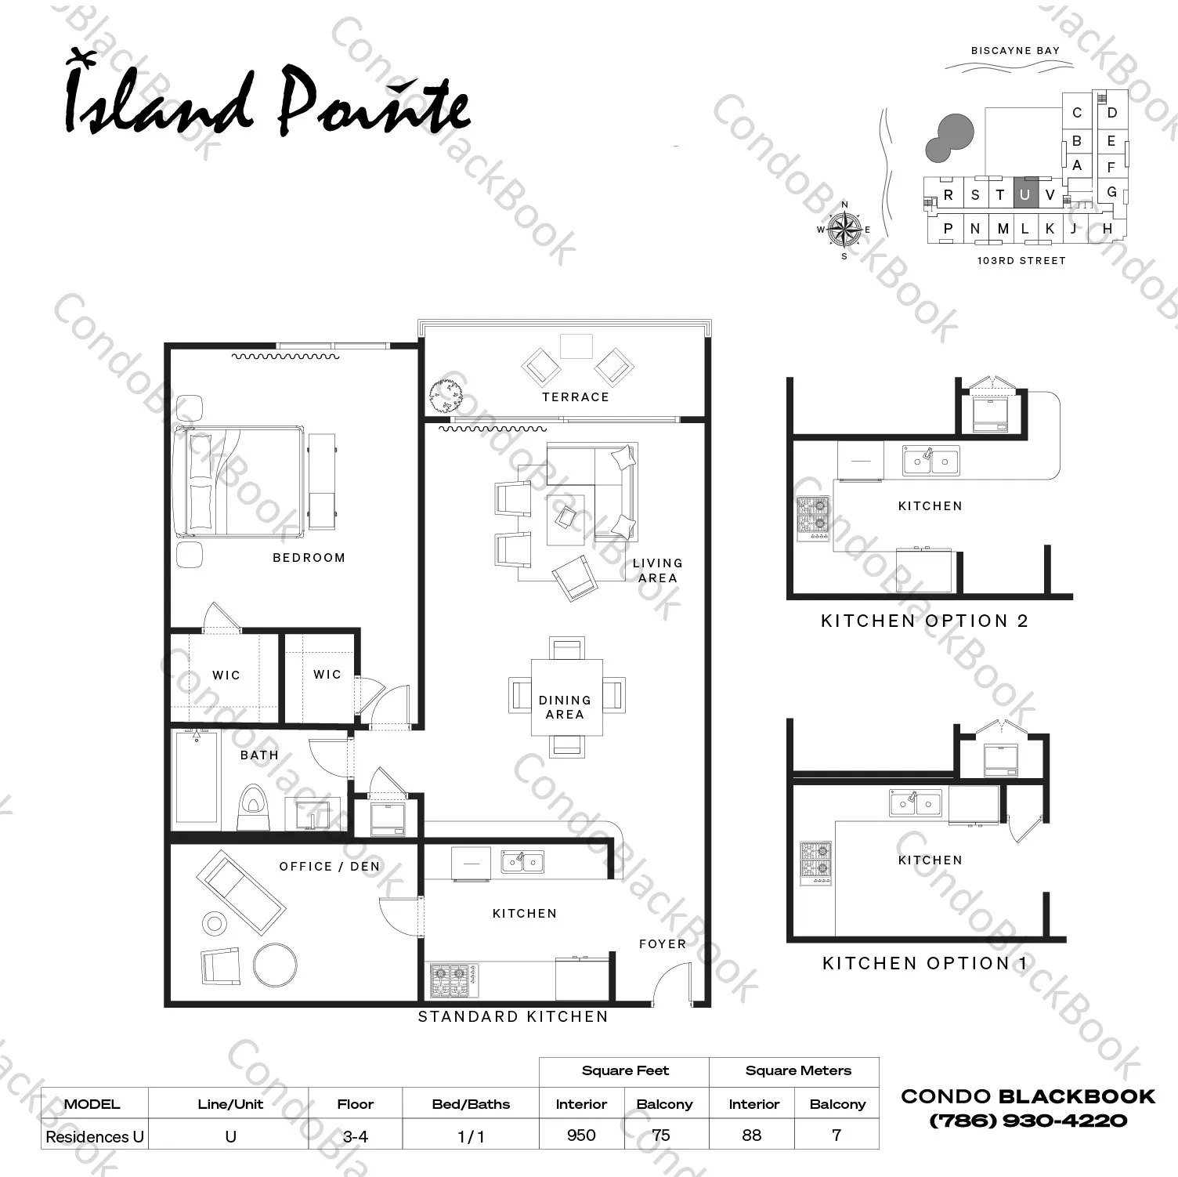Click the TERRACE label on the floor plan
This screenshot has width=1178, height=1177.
(575, 397)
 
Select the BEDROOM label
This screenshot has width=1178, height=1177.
(309, 558)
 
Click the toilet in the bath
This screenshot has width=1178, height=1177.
(252, 807)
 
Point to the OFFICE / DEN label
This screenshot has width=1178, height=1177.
(330, 867)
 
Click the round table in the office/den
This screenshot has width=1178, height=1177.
(275, 965)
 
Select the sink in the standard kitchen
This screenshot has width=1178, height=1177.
(522, 862)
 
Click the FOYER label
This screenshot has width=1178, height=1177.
(663, 944)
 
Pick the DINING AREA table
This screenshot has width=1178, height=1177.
(566, 697)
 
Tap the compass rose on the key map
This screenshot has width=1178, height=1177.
(844, 230)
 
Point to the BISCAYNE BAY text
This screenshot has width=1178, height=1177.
(1015, 51)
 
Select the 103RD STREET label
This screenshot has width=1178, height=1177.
(1021, 261)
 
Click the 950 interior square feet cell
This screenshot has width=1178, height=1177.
(581, 1135)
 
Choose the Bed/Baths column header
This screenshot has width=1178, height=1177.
(471, 1104)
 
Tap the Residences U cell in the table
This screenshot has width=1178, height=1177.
(95, 1136)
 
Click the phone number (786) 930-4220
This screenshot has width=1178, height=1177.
(1028, 1121)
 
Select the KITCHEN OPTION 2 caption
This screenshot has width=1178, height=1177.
(924, 621)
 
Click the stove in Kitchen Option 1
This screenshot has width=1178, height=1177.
(815, 863)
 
